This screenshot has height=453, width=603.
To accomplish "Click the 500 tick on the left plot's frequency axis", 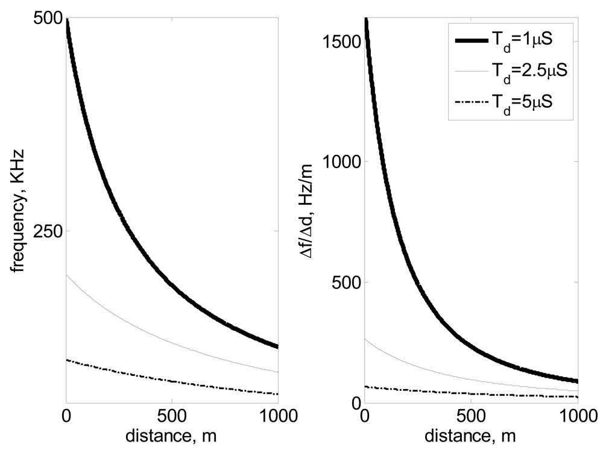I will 48,19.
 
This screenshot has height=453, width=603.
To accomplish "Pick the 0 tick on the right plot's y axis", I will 355,402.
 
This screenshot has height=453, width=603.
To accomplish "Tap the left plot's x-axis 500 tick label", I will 172,416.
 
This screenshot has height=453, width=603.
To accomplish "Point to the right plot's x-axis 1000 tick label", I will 577,416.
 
